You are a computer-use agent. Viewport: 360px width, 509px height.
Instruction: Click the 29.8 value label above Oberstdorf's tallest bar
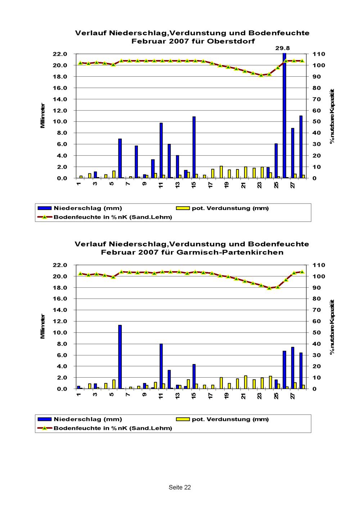pyautogui.click(x=283, y=47)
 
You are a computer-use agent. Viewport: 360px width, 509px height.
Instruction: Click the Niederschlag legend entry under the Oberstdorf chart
pyautogui.click(x=87, y=208)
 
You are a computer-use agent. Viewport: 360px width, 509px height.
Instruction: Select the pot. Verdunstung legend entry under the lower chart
pyautogui.click(x=230, y=419)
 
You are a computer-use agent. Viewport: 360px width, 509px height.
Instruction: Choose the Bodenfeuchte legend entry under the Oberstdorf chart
pyautogui.click(x=113, y=217)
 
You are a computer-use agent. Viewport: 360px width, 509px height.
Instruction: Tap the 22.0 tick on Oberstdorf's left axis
pyautogui.click(x=60, y=54)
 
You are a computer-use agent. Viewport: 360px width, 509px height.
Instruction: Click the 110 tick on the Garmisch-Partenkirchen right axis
pyautogui.click(x=319, y=265)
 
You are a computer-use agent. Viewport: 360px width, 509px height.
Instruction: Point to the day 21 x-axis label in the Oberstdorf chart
pyautogui.click(x=244, y=185)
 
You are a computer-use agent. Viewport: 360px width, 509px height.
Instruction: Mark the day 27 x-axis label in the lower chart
pyautogui.click(x=293, y=396)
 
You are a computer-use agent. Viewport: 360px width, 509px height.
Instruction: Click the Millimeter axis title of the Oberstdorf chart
pyautogui.click(x=43, y=116)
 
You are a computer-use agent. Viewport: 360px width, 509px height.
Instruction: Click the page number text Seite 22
pyautogui.click(x=180, y=487)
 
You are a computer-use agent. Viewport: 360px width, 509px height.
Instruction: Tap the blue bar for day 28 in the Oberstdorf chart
pyautogui.click(x=301, y=147)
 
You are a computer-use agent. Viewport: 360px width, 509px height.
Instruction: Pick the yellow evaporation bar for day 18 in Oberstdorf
pyautogui.click(x=221, y=172)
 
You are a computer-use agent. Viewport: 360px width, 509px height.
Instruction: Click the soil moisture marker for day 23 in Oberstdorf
pyautogui.click(x=261, y=75)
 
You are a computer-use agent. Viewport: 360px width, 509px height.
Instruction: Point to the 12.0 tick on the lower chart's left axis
pyautogui.click(x=60, y=321)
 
